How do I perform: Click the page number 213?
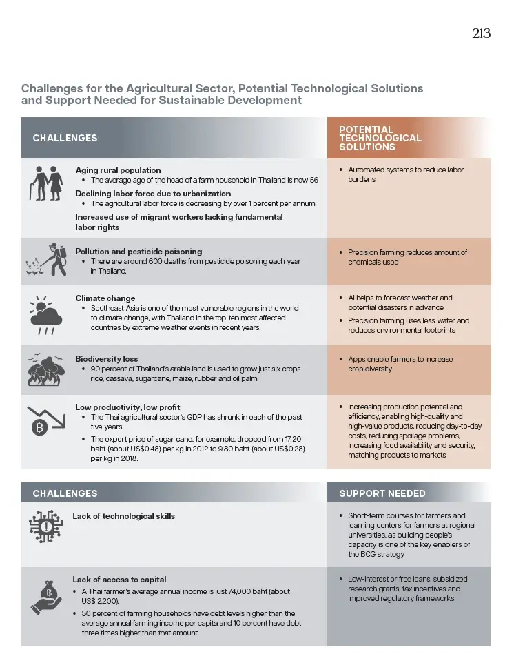coord(481,34)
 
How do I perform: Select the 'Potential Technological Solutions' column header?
coord(380,138)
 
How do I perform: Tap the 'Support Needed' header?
coord(382,493)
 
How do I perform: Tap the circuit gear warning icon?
coord(45,528)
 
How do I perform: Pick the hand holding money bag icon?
coord(45,597)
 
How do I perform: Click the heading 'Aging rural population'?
coord(118,170)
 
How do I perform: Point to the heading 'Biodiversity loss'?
coord(106,359)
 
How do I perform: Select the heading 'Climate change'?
coord(105,298)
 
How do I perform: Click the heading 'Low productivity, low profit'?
coord(127,407)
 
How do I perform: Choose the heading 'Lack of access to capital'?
coord(119,580)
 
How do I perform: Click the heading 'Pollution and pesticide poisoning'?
coord(138,252)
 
